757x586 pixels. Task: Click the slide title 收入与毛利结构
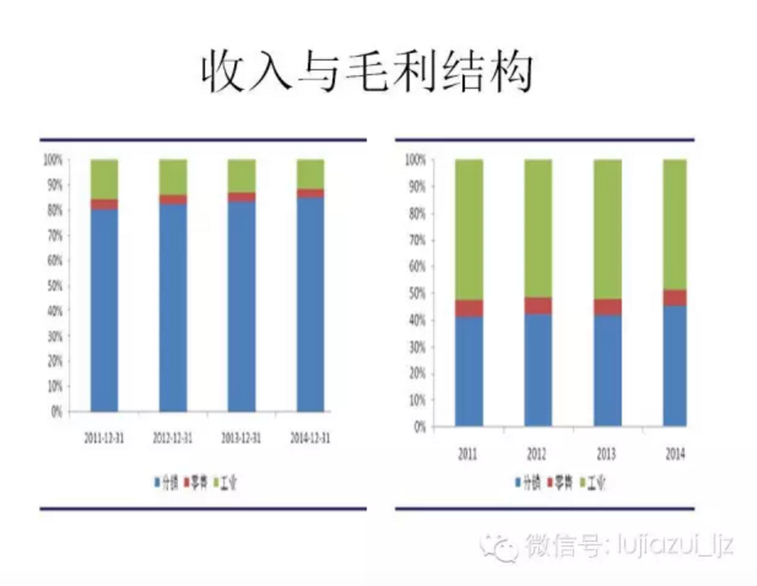tap(367, 71)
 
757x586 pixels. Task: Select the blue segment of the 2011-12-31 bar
tap(104, 310)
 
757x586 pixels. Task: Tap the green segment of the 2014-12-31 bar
tap(310, 174)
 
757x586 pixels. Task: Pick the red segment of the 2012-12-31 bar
tap(173, 199)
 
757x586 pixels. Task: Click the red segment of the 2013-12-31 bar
tap(241, 197)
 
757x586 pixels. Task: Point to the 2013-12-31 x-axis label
tap(241, 438)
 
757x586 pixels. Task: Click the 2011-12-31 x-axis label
tap(104, 438)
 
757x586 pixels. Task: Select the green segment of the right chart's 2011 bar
tap(469, 229)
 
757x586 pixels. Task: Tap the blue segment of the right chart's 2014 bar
tap(674, 366)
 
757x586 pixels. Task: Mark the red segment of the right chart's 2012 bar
tap(538, 305)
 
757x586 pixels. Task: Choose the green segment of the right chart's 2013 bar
tap(607, 229)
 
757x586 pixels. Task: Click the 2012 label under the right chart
tap(536, 454)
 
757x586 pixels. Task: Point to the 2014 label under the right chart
tap(674, 454)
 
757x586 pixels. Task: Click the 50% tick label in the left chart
tap(55, 286)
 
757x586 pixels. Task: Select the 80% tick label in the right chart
tap(416, 213)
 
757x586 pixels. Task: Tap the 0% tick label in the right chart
tap(419, 427)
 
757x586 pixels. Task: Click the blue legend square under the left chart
tap(157, 482)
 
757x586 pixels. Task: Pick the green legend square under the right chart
tap(583, 482)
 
